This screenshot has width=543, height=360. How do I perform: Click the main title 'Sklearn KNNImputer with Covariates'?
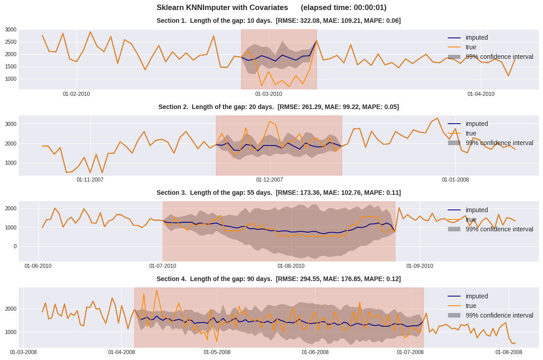tap(222, 8)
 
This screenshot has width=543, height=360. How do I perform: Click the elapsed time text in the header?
tap(343, 8)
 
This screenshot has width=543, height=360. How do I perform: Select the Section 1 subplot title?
tap(279, 21)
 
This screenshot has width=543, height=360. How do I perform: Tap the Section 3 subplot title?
tap(279, 193)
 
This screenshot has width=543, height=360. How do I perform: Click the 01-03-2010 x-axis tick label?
tap(269, 94)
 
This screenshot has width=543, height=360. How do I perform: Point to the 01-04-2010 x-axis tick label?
tap(481, 94)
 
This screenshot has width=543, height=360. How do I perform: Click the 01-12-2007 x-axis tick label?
tap(269, 180)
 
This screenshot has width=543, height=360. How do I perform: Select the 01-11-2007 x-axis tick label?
tap(90, 180)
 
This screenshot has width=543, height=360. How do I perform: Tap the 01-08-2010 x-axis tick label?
tap(291, 266)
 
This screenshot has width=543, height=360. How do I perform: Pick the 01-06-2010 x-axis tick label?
tap(38, 266)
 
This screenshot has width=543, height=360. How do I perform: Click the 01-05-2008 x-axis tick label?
tap(217, 352)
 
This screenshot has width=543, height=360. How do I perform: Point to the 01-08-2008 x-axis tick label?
tap(509, 352)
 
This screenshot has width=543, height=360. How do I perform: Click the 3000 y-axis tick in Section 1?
tap(11, 30)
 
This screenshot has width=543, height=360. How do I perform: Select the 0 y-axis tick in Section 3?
tap(15, 246)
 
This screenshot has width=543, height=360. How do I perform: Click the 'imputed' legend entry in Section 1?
tap(476, 37)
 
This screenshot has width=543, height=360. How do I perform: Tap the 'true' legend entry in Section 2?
tap(470, 133)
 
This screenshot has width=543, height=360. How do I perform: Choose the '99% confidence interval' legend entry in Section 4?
tap(499, 315)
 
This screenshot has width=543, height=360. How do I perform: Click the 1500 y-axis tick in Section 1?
tap(11, 67)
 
